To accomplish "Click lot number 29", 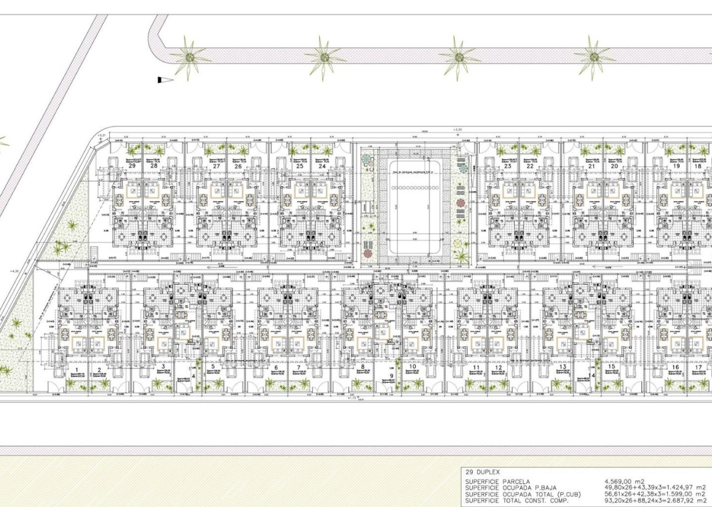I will (x=132, y=166).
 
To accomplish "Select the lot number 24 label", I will (x=322, y=166).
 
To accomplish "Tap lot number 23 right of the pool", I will (x=508, y=166).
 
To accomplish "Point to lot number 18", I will (x=697, y=166).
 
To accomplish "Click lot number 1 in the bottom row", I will (x=76, y=370).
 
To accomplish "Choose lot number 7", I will (x=298, y=368).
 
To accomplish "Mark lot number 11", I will (x=476, y=368).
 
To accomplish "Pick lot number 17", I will (x=698, y=368).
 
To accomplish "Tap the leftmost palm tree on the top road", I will (x=189, y=57).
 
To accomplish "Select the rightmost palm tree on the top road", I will (x=594, y=57).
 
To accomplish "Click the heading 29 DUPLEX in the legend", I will (x=483, y=472).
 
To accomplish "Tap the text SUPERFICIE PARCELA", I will (x=498, y=481).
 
